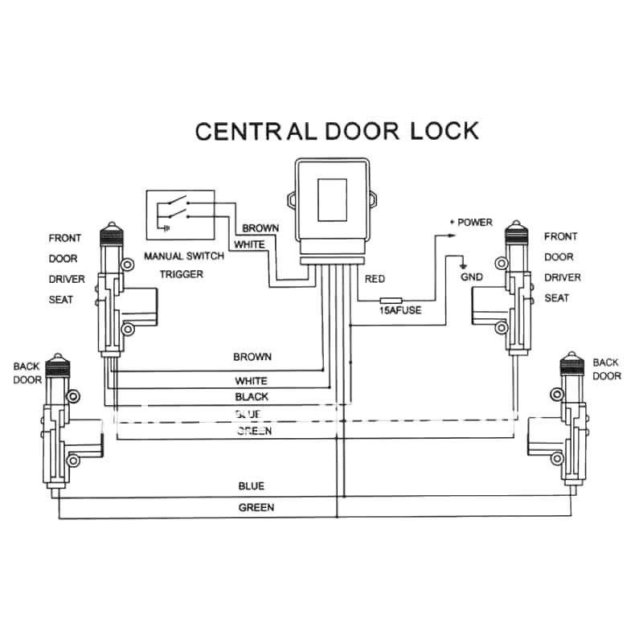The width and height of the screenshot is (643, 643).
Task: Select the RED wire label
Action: tap(375, 279)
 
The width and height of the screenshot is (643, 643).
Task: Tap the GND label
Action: tap(471, 276)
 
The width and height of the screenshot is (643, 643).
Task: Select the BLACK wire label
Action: tap(252, 397)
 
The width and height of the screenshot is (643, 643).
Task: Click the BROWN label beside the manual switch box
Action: tap(260, 228)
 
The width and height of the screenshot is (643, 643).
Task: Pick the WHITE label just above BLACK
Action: tap(252, 381)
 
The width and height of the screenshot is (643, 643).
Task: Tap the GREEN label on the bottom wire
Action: tap(256, 507)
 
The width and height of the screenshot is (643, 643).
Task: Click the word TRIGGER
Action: tap(180, 274)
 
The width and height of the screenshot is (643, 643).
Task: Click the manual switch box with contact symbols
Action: tap(180, 215)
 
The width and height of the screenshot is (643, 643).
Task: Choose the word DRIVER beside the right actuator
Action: tap(562, 277)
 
